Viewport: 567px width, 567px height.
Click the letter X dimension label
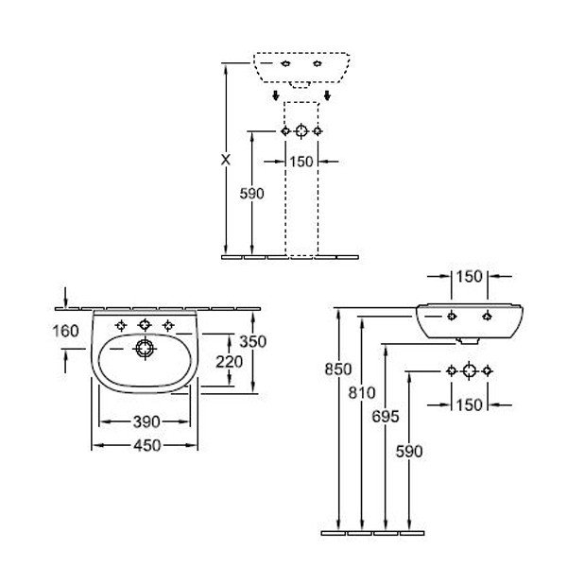(225, 160)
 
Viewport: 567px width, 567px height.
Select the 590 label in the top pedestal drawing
(252, 193)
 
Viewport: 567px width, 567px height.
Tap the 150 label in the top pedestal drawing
(301, 162)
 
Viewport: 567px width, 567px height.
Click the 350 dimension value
(252, 341)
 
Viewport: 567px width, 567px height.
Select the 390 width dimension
(146, 421)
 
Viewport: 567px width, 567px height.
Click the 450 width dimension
(146, 444)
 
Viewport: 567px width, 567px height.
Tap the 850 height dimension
(339, 369)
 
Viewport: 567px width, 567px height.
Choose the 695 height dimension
(386, 417)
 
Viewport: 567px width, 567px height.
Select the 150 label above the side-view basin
(470, 276)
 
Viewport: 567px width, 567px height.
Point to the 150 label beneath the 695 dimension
(470, 404)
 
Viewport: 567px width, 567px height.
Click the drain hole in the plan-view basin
(145, 349)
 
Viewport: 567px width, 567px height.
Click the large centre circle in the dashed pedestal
(301, 130)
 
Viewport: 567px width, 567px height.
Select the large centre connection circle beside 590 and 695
(469, 369)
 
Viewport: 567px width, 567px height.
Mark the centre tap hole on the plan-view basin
(145, 325)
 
